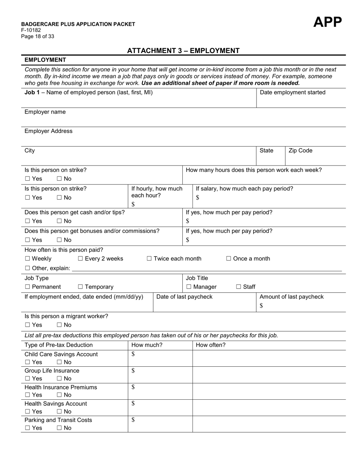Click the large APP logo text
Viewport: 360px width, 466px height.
(327, 22)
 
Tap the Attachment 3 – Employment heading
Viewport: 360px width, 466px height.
(183, 51)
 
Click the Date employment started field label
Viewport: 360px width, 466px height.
(292, 92)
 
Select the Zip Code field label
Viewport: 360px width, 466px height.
(301, 151)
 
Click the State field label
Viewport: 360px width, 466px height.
(266, 151)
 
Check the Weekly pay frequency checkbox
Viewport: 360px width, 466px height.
(27, 259)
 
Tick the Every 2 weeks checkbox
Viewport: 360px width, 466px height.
(80, 259)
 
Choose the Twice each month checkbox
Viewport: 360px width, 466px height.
(149, 259)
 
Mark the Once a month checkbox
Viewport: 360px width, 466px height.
(229, 259)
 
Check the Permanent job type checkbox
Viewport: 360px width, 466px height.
(27, 287)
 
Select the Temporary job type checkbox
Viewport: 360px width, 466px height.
(80, 287)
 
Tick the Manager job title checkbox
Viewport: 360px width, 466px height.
(189, 287)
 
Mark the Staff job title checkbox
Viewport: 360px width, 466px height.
(238, 287)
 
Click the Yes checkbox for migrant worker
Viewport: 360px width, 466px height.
(27, 325)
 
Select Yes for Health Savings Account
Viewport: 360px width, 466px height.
(27, 412)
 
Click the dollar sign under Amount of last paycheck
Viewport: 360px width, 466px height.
(261, 306)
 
